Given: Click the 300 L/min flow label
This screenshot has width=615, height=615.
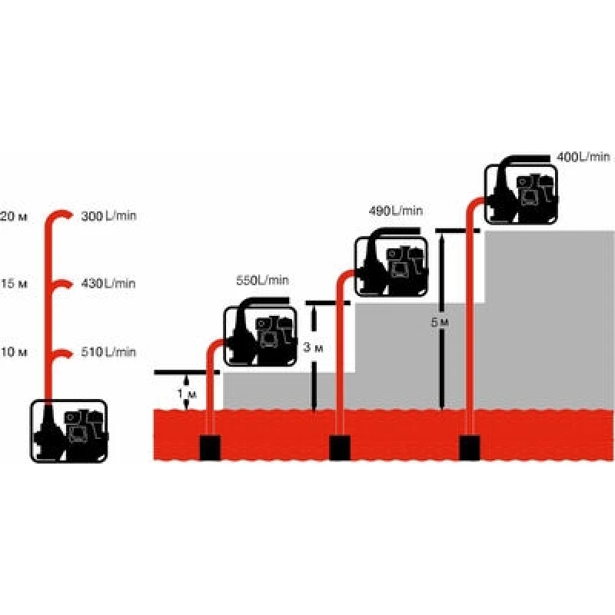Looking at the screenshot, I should [x=108, y=216].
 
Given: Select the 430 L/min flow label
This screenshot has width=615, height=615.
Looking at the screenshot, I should [x=108, y=284].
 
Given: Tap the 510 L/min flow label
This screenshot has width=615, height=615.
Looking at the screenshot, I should [x=108, y=352].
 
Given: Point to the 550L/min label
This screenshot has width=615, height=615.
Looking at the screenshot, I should [x=262, y=282].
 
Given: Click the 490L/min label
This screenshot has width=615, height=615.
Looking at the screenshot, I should [x=396, y=211].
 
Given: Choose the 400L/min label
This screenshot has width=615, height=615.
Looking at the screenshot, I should [x=583, y=157].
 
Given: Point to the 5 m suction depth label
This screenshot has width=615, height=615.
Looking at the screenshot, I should [x=438, y=323].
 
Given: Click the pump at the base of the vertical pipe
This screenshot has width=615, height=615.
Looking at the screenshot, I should [x=69, y=431].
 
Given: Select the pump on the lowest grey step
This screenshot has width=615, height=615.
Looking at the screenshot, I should [x=260, y=336].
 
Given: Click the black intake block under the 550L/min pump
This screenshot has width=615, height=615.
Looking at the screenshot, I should [x=209, y=448].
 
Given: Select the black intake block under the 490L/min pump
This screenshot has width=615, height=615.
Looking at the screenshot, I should [x=340, y=448].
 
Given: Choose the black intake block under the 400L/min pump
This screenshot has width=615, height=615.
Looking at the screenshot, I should [x=470, y=448].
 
